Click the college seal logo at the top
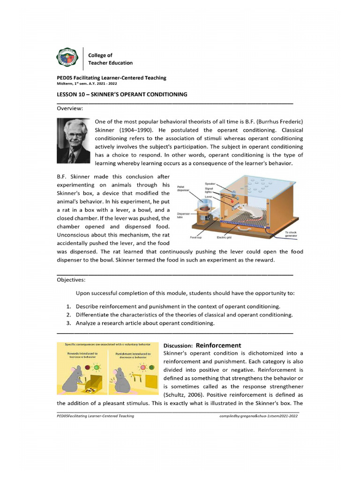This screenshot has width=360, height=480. point(67,59)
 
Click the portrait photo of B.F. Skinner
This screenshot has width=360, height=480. point(73,140)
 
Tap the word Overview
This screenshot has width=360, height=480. point(70,109)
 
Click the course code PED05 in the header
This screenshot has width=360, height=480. point(65,78)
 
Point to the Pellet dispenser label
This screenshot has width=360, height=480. point(183,189)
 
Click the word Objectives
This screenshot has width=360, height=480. point(71,279)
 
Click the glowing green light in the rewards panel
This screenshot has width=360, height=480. point(97,367)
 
